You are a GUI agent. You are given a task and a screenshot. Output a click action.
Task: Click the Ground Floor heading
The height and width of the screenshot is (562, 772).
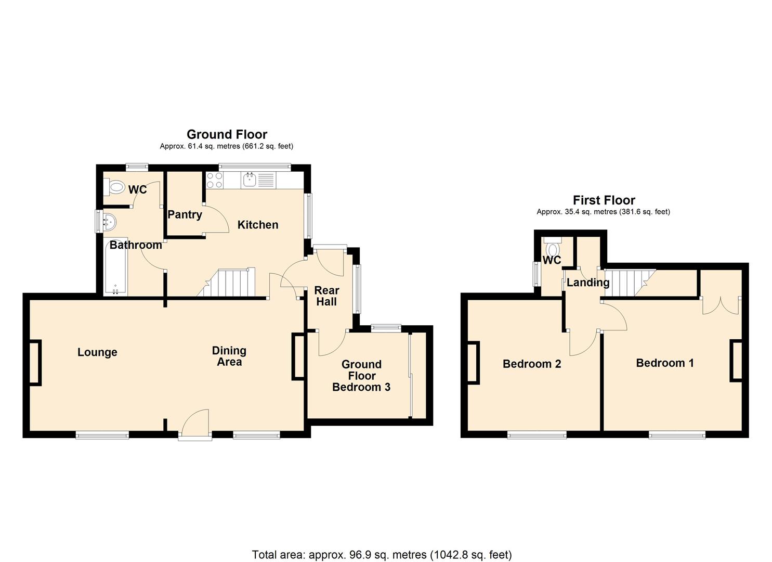click(x=227, y=135)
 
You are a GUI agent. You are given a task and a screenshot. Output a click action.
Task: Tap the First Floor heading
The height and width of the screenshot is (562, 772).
click(x=604, y=200)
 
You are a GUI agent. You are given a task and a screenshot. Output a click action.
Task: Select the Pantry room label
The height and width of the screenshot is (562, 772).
click(x=185, y=214)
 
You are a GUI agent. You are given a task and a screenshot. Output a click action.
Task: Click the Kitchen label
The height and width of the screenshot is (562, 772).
click(x=258, y=225)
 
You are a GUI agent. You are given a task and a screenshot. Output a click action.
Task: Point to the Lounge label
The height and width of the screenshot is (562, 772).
click(x=97, y=352)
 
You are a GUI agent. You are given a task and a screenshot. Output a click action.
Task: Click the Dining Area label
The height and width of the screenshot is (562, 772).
click(x=229, y=356)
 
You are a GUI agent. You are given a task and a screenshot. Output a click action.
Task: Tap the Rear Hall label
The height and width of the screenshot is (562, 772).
click(x=326, y=296)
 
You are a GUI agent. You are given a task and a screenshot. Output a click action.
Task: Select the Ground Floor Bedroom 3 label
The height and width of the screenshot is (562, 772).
click(x=361, y=376)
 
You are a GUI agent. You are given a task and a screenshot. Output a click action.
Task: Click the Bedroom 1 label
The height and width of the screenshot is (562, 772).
click(x=664, y=363)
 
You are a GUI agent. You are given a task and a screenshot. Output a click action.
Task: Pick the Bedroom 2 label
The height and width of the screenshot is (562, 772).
click(x=531, y=364)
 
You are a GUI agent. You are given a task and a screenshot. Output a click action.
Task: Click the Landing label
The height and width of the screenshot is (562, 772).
click(x=587, y=283)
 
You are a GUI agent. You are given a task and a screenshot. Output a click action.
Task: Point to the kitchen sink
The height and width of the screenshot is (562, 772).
click(x=249, y=181)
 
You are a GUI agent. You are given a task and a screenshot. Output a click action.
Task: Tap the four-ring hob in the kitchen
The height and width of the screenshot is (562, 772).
click(x=215, y=180)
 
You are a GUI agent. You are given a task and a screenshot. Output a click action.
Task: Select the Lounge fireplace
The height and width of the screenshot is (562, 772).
click(x=35, y=363)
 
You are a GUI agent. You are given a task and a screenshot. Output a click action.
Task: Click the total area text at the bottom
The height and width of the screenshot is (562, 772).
click(x=382, y=555)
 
